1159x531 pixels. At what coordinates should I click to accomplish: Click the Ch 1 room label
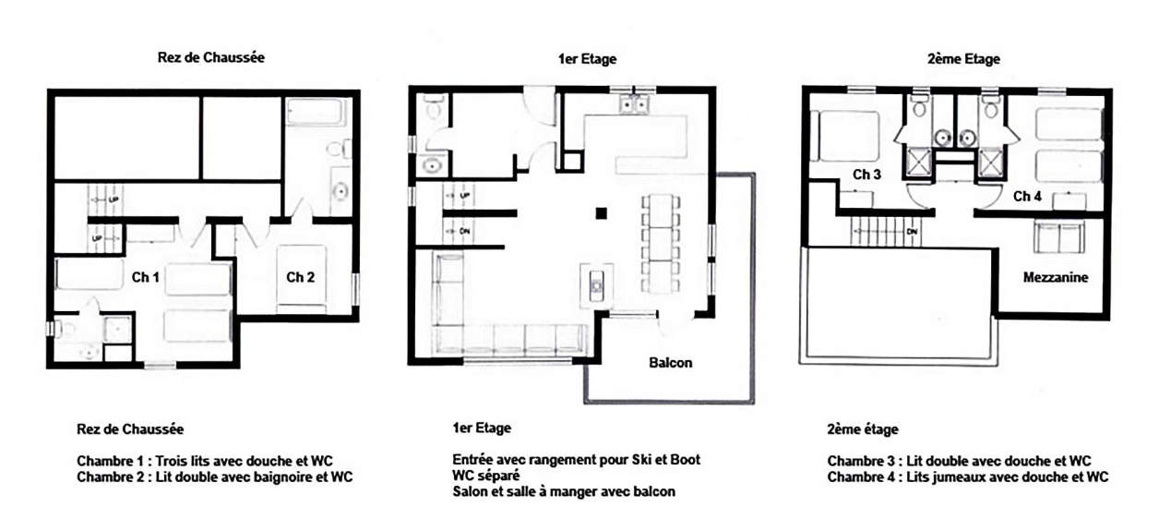coord(146,278)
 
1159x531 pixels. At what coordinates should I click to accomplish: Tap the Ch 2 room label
coord(301,278)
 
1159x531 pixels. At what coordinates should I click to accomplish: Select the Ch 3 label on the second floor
coord(866,175)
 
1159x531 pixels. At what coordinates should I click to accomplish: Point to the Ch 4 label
coord(1027,197)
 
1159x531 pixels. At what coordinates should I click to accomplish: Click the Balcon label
coord(671,363)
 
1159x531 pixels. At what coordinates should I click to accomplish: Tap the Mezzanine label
coord(1056,277)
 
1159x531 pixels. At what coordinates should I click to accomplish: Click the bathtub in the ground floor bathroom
coord(316,112)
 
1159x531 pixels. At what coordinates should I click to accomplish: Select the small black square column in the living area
coord(601,213)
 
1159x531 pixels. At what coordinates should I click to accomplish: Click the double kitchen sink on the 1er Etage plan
coord(634,104)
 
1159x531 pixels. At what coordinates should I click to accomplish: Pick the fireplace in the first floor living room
coord(597,285)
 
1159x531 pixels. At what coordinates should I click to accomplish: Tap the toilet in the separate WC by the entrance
coord(433,107)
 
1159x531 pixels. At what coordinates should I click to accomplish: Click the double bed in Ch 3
coord(845,137)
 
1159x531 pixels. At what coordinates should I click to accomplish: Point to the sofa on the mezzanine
coord(1058,236)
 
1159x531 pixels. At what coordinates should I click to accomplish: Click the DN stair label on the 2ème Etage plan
coord(912,232)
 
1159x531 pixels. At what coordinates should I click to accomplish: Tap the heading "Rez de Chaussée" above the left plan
coord(211,57)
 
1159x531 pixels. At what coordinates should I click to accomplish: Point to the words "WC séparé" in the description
coord(486,476)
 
